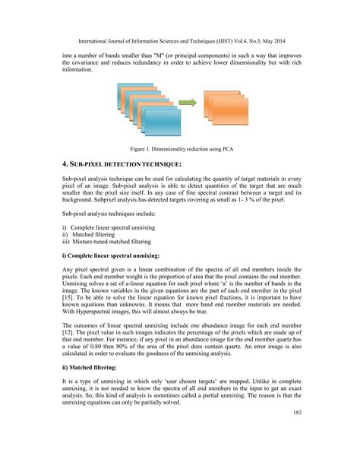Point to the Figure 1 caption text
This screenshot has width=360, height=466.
coord(179,147)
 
